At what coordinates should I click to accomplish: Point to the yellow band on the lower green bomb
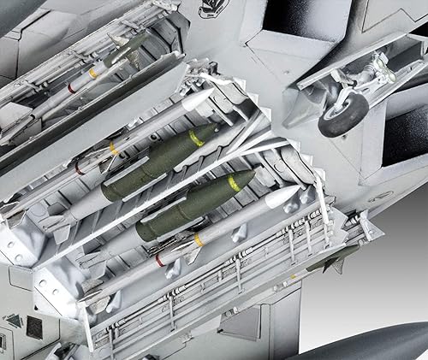coord(234,183)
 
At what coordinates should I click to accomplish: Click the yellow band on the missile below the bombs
coord(198,240)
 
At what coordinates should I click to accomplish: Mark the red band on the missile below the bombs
coord(159,259)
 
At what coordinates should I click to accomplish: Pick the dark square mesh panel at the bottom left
coord(35,327)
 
